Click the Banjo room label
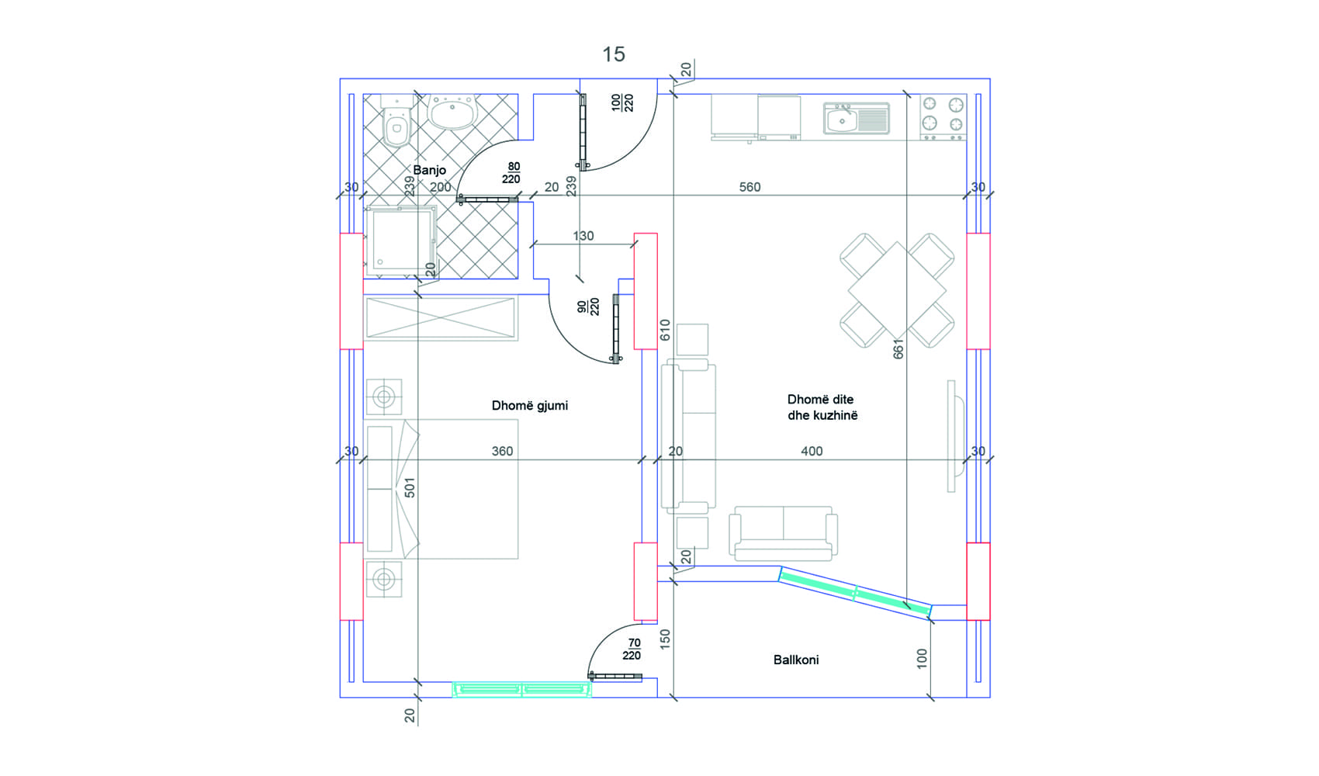point(429,170)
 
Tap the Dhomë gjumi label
point(529,406)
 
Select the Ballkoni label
point(795,660)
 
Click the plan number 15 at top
point(613,54)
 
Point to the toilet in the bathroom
point(396,121)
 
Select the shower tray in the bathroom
point(400,241)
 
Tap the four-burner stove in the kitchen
point(943,117)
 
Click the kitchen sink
point(856,119)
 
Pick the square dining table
point(897,290)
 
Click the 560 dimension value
point(750,187)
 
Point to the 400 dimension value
point(812,452)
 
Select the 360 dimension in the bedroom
point(502,452)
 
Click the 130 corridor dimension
point(583,236)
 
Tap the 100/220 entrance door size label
point(621,103)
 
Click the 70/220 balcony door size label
point(632,650)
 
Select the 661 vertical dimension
point(898,348)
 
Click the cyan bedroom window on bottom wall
point(521,689)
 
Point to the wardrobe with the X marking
point(441,318)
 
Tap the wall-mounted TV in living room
point(954,436)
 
